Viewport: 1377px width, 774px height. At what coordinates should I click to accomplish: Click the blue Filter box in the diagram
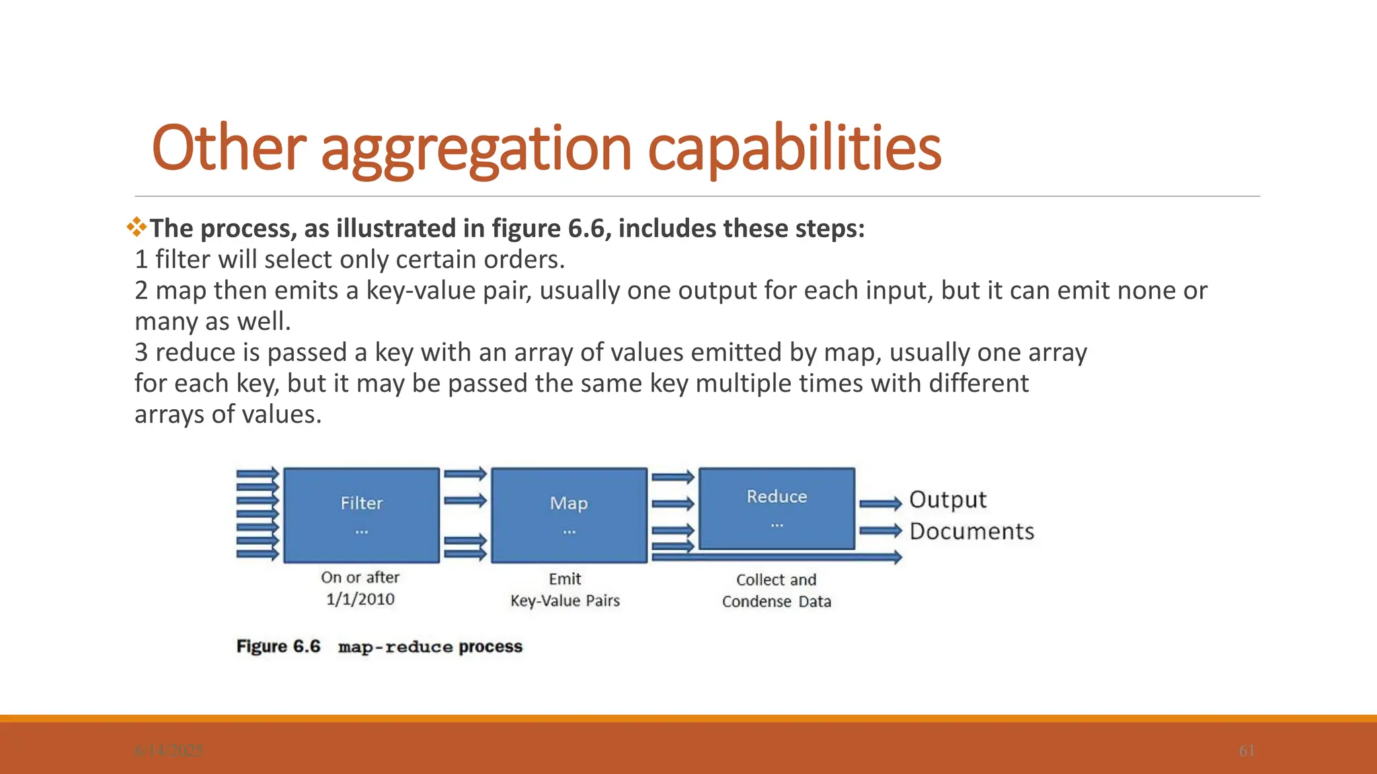click(x=361, y=515)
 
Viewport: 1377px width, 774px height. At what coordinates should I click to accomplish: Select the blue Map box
click(x=569, y=515)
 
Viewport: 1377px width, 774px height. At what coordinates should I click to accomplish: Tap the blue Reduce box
click(x=777, y=509)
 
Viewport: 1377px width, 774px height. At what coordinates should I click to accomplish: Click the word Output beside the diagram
click(x=947, y=500)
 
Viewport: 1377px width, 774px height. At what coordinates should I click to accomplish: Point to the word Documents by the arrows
click(x=972, y=531)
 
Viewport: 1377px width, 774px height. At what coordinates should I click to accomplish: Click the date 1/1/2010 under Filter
click(x=360, y=599)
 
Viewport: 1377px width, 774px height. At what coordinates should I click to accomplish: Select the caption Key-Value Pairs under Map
click(x=565, y=601)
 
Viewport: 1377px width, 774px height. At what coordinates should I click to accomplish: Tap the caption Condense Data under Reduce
click(x=777, y=602)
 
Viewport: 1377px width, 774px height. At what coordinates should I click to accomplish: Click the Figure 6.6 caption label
click(x=278, y=646)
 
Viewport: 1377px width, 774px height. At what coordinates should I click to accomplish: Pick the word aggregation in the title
click(x=476, y=149)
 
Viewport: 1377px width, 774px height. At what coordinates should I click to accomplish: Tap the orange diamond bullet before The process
click(x=136, y=227)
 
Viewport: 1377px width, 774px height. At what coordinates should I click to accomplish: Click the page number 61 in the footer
click(x=1247, y=750)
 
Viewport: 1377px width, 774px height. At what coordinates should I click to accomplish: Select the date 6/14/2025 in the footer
click(x=169, y=750)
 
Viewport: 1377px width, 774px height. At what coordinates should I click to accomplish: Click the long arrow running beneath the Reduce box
click(x=777, y=557)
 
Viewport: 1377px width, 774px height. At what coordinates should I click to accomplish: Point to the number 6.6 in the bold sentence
click(x=586, y=228)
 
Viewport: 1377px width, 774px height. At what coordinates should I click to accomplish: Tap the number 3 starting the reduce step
click(x=141, y=353)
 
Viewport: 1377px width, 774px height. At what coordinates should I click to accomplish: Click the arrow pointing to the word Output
click(x=880, y=503)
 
